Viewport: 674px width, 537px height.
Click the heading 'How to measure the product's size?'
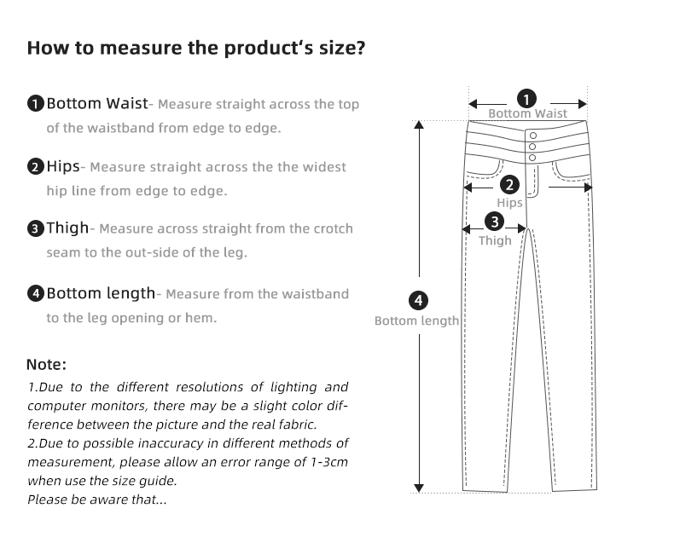pyautogui.click(x=196, y=47)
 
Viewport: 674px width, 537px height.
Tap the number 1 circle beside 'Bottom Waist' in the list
pyautogui.click(x=35, y=105)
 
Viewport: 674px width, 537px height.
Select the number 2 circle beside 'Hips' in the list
pyautogui.click(x=35, y=167)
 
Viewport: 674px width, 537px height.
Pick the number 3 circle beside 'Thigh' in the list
pyautogui.click(x=35, y=228)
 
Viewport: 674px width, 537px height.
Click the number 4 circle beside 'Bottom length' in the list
pyautogui.click(x=35, y=294)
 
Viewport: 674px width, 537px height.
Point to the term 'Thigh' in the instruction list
pyautogui.click(x=67, y=228)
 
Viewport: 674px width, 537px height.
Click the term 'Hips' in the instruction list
pyautogui.click(x=64, y=166)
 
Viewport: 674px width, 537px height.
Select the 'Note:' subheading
pyautogui.click(x=46, y=365)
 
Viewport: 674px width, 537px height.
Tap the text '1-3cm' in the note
pyautogui.click(x=329, y=462)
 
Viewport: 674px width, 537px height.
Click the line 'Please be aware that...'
pyautogui.click(x=96, y=499)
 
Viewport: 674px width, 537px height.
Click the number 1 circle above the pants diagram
pyautogui.click(x=527, y=98)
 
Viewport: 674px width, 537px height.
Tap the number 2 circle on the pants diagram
pyautogui.click(x=509, y=184)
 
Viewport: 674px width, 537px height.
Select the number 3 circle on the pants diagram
pyautogui.click(x=495, y=222)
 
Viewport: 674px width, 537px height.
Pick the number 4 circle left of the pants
pyautogui.click(x=418, y=301)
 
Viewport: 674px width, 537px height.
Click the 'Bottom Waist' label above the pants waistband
pyautogui.click(x=527, y=113)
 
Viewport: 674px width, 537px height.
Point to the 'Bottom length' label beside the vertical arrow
pyautogui.click(x=416, y=320)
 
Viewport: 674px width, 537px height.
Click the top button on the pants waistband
pyautogui.click(x=533, y=136)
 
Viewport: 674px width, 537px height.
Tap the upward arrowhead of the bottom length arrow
pyautogui.click(x=418, y=124)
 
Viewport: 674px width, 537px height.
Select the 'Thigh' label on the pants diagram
pyautogui.click(x=495, y=241)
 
